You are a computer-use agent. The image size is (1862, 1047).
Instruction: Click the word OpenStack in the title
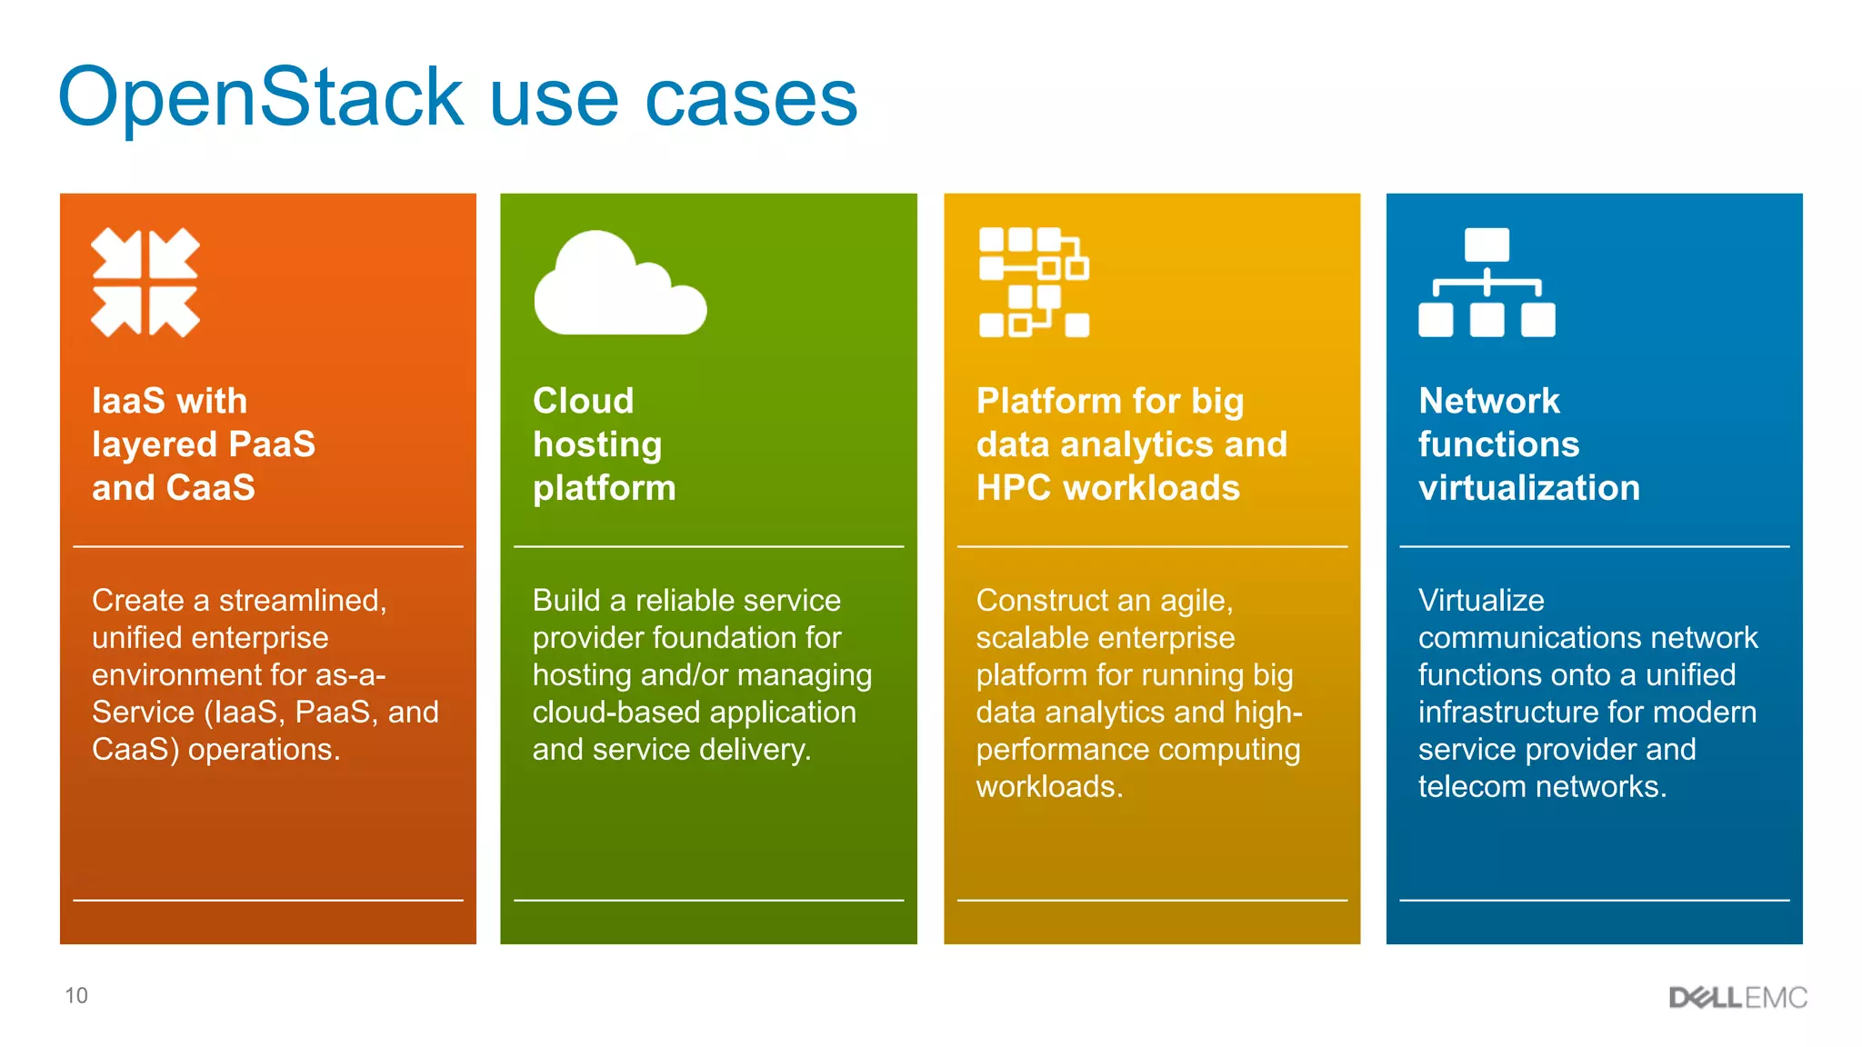[x=262, y=98]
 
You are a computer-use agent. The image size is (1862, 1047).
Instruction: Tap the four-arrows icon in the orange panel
[x=145, y=282]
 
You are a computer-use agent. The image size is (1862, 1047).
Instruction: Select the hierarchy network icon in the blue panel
[x=1487, y=283]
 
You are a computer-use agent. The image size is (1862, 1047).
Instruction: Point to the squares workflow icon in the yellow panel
[x=1034, y=283]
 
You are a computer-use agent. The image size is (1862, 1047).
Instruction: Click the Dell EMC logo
[x=1737, y=997]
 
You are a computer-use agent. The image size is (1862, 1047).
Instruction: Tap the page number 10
[x=76, y=996]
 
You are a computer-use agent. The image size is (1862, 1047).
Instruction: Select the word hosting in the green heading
[x=597, y=444]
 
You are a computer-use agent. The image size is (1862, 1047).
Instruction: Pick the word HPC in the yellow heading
[x=1014, y=488]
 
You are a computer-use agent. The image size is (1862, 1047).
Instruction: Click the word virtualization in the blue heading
[x=1529, y=488]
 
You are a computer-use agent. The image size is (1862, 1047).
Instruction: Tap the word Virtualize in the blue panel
[x=1481, y=600]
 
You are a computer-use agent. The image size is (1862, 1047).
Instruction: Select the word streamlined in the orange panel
[x=303, y=600]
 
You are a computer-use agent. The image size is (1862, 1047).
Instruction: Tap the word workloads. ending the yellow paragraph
[x=1049, y=786]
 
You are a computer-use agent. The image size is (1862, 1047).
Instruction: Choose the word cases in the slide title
[x=751, y=98]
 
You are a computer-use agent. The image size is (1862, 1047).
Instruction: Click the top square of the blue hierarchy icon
[x=1487, y=244]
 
